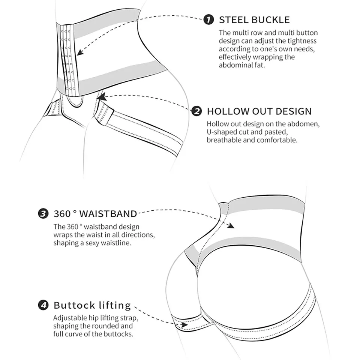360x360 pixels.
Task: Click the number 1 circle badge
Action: click(208, 20)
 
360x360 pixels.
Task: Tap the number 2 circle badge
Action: click(196, 111)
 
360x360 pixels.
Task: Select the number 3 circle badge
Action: click(43, 214)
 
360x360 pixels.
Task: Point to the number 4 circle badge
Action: click(43, 305)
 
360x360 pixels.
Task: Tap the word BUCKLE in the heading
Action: click(271, 20)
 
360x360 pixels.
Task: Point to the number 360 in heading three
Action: click(62, 214)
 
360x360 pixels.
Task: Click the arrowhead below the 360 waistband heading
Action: click(231, 226)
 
